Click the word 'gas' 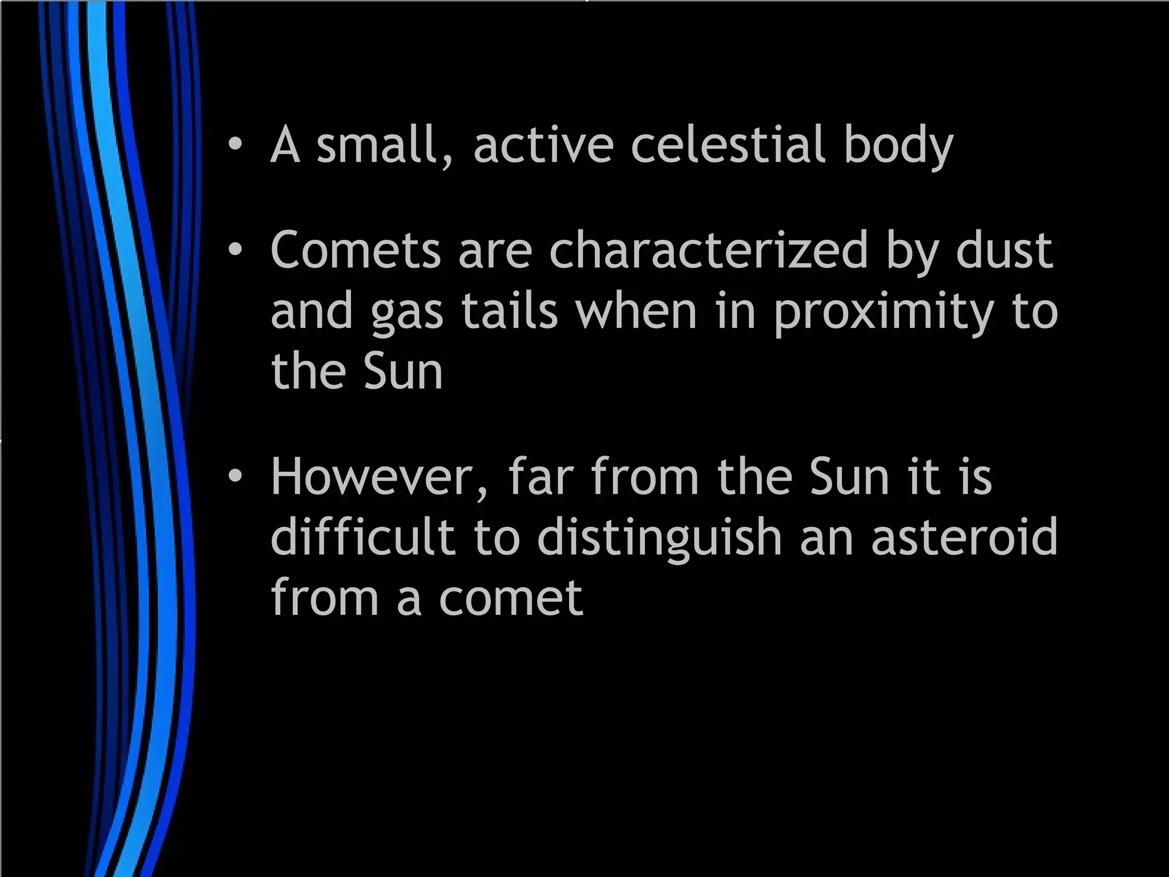(406, 313)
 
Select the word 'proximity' (884, 313)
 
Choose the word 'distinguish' (659, 539)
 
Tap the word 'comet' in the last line (511, 598)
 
